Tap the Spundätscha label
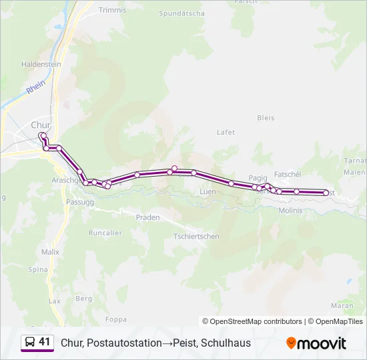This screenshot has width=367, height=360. coord(182,13)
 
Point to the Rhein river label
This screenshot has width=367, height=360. coord(35,87)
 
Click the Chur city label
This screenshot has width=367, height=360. coord(41,125)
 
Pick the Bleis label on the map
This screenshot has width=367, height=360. coord(265,118)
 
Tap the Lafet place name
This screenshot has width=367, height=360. coord(226,132)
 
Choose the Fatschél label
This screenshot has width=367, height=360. coord(288,174)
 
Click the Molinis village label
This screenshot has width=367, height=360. coord(290,210)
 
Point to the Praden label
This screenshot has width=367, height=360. coord(147,217)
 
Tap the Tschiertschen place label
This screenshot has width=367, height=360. coord(196,237)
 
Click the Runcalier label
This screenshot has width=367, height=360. coord(105,233)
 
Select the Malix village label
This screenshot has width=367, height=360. coord(50,252)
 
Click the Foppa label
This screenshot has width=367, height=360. coord(115,319)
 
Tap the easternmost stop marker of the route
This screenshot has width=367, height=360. coord(326,193)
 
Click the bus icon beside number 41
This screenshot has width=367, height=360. coord(29,343)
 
